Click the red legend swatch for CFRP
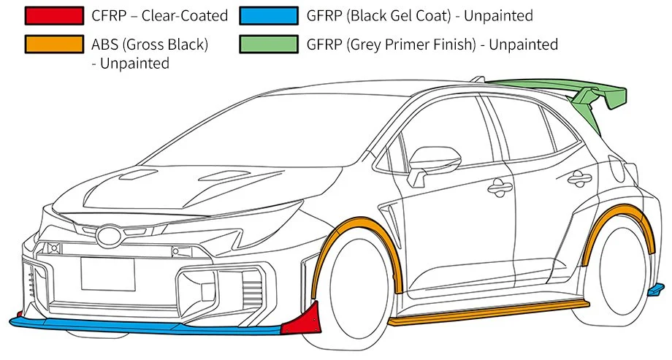(x=53, y=15)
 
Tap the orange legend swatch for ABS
(x=53, y=45)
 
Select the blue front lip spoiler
(x=146, y=326)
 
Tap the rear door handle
(x=581, y=176)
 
